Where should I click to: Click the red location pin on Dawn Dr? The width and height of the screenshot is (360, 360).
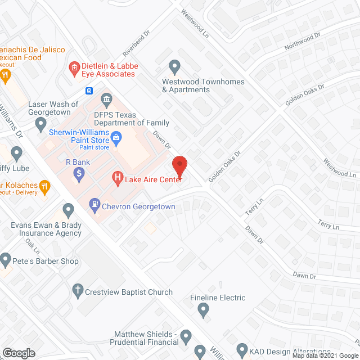click(179, 165)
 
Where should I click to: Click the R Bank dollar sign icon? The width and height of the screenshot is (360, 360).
click(79, 174)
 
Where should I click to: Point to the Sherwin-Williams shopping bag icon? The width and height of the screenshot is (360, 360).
click(116, 136)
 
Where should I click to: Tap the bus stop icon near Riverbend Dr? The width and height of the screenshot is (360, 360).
click(89, 91)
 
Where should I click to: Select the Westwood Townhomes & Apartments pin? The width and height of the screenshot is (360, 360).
click(175, 67)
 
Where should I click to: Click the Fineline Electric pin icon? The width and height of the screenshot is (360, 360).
click(203, 309)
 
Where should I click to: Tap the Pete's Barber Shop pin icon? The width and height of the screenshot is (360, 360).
click(6, 260)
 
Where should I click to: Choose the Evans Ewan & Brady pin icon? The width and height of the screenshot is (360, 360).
click(69, 211)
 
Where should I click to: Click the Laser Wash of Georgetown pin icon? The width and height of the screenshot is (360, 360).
click(40, 125)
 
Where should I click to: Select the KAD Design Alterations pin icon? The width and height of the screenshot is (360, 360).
click(241, 349)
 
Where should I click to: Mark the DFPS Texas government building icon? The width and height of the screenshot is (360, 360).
click(106, 100)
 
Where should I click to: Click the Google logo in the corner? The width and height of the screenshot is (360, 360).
click(18, 353)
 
